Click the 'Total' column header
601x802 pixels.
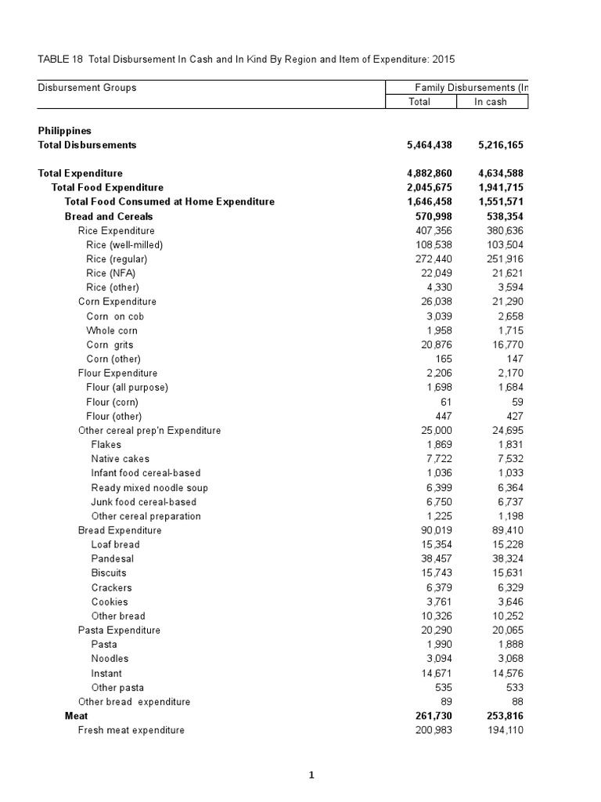419,102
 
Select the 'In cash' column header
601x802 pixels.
491,102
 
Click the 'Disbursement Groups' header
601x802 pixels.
87,88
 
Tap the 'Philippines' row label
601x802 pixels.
65,131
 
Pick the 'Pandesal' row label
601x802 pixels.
112,559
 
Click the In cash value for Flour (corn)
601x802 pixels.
516,402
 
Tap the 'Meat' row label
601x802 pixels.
76,716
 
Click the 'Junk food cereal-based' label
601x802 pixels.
143,502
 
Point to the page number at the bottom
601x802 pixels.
311,776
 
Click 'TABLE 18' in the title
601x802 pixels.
61,60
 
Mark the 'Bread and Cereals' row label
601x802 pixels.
109,216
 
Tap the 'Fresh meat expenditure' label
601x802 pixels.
131,730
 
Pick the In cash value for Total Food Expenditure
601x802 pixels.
498,187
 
